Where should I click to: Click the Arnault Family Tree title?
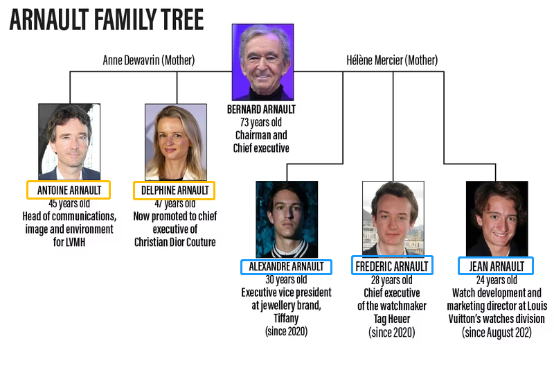[107, 19]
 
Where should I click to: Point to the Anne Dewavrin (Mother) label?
[149, 60]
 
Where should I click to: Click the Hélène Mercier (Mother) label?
[392, 60]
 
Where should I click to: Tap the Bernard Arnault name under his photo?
[261, 109]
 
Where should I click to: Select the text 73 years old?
[261, 123]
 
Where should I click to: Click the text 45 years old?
[69, 203]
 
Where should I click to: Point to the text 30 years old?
[286, 280]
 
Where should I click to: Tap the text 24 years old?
[497, 280]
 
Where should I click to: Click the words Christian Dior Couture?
[175, 243]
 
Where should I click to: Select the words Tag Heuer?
[392, 319]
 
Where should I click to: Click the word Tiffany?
[286, 318]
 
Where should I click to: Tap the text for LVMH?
[69, 243]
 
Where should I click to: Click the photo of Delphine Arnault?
[176, 142]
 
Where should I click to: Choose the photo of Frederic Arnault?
[393, 218]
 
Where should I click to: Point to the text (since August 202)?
[497, 333]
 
